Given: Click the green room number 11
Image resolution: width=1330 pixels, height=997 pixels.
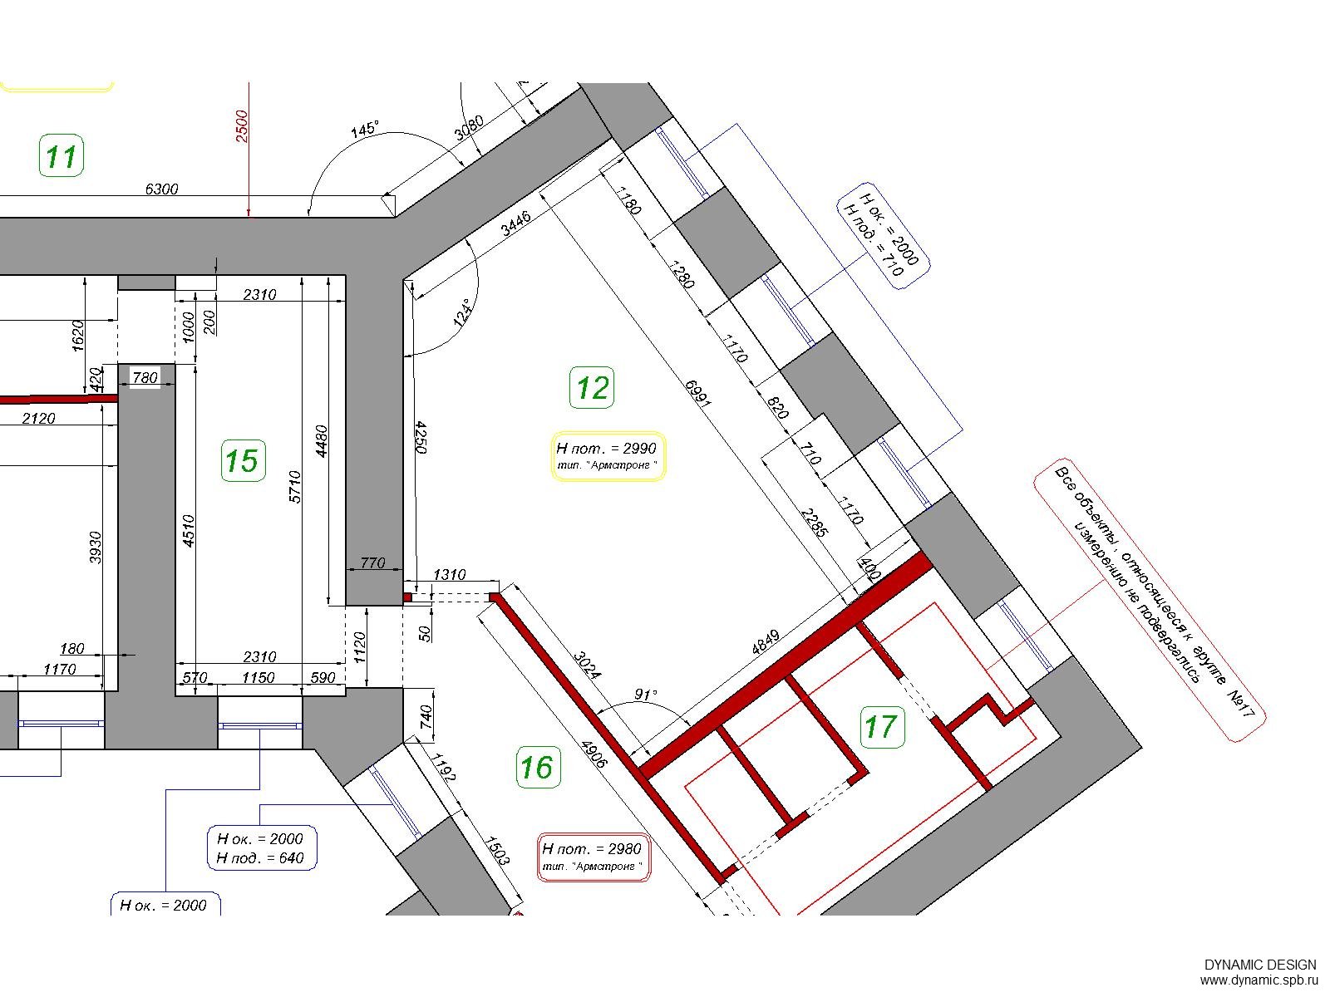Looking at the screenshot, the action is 62,156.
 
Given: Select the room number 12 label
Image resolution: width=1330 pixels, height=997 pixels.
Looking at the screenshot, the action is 592,387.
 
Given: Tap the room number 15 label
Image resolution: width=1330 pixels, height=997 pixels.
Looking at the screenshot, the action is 243,460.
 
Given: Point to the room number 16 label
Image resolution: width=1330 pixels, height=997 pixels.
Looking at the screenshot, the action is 538,767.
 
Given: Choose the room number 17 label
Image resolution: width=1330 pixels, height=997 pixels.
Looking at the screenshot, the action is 882,727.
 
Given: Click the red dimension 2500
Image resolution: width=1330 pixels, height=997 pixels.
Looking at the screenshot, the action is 242,126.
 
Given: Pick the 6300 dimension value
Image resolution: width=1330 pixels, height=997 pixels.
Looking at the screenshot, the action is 162,189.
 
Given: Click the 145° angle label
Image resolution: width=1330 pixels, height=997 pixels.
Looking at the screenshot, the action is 365,129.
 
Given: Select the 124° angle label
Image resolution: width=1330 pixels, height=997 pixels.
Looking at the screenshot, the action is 463,313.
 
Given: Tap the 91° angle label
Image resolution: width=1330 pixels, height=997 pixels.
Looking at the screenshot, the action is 645,695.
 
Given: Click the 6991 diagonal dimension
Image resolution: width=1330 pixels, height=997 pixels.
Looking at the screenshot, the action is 698,393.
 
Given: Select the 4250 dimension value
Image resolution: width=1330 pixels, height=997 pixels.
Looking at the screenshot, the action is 421,438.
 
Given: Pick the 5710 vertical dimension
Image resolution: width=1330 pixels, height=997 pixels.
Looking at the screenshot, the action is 295,487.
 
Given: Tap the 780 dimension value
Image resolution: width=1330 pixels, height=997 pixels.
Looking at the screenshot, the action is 145,378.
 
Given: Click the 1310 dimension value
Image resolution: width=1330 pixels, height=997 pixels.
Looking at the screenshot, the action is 450,574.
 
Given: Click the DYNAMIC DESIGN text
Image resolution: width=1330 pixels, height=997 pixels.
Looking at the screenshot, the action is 1260,965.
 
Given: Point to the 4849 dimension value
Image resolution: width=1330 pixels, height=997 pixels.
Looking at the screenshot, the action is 766,642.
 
